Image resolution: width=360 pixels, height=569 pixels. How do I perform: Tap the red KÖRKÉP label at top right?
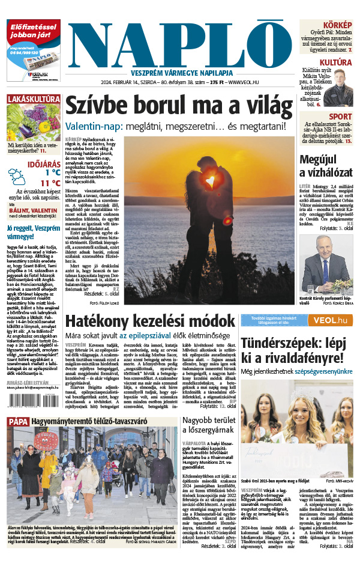pyautogui.click(x=338, y=25)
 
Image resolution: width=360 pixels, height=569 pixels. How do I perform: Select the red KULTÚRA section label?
pyautogui.click(x=335, y=62)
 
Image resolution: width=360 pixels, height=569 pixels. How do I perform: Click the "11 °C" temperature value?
pyautogui.click(x=50, y=183)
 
